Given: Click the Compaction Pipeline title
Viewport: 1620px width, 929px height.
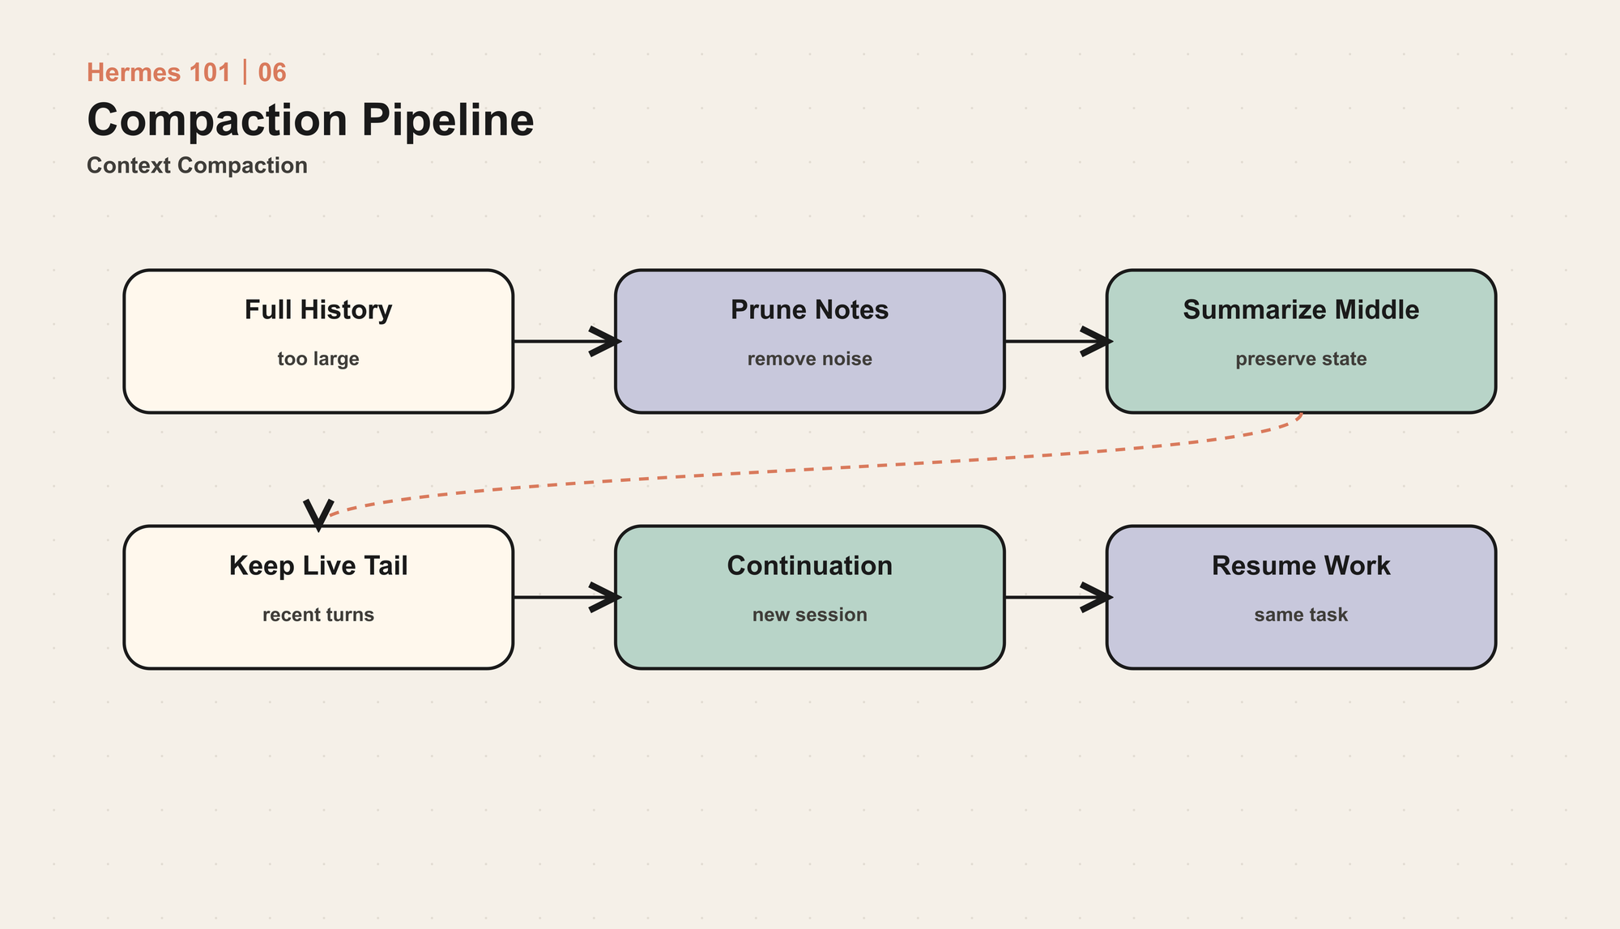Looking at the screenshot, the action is click(x=310, y=120).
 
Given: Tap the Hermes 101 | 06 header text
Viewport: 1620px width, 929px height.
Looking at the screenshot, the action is click(x=186, y=73).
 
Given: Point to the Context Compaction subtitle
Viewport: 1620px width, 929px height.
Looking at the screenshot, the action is click(x=197, y=165).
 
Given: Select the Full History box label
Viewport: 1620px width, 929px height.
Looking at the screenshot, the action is click(x=318, y=310).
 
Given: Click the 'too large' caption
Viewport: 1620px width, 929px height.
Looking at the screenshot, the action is click(x=318, y=359).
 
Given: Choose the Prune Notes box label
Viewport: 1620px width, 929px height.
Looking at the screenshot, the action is click(x=810, y=310).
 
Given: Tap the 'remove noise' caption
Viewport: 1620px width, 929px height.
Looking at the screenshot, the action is click(x=810, y=359).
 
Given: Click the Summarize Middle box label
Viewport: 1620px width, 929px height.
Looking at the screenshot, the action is click(x=1301, y=310).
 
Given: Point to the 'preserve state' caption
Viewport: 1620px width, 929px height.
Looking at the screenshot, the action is click(x=1301, y=359).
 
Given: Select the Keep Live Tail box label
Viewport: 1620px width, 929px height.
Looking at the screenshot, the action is click(x=318, y=565).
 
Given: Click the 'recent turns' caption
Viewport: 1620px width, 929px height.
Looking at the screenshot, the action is click(x=318, y=615).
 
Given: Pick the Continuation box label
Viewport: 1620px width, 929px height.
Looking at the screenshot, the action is click(x=810, y=565).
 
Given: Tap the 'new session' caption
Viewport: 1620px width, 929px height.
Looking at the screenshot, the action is click(x=810, y=615).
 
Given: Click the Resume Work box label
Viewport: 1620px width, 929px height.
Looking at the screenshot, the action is click(x=1301, y=565).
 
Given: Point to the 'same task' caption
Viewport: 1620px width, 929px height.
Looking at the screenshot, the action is click(x=1301, y=615).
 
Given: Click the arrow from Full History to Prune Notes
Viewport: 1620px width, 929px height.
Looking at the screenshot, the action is click(x=566, y=342).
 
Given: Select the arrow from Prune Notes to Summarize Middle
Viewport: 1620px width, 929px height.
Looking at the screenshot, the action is click(x=1058, y=342).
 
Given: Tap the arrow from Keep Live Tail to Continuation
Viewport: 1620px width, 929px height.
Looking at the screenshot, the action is click(x=566, y=598).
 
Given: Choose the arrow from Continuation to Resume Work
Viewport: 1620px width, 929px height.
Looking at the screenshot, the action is click(x=1058, y=598).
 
